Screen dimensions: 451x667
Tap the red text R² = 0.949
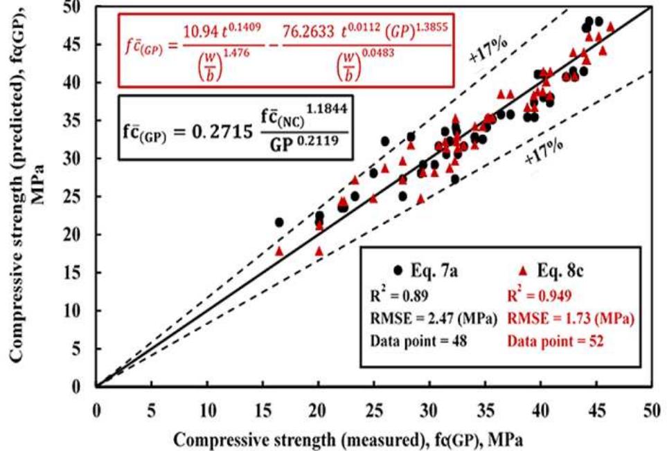[540, 296]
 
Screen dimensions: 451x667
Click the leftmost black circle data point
[279, 222]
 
